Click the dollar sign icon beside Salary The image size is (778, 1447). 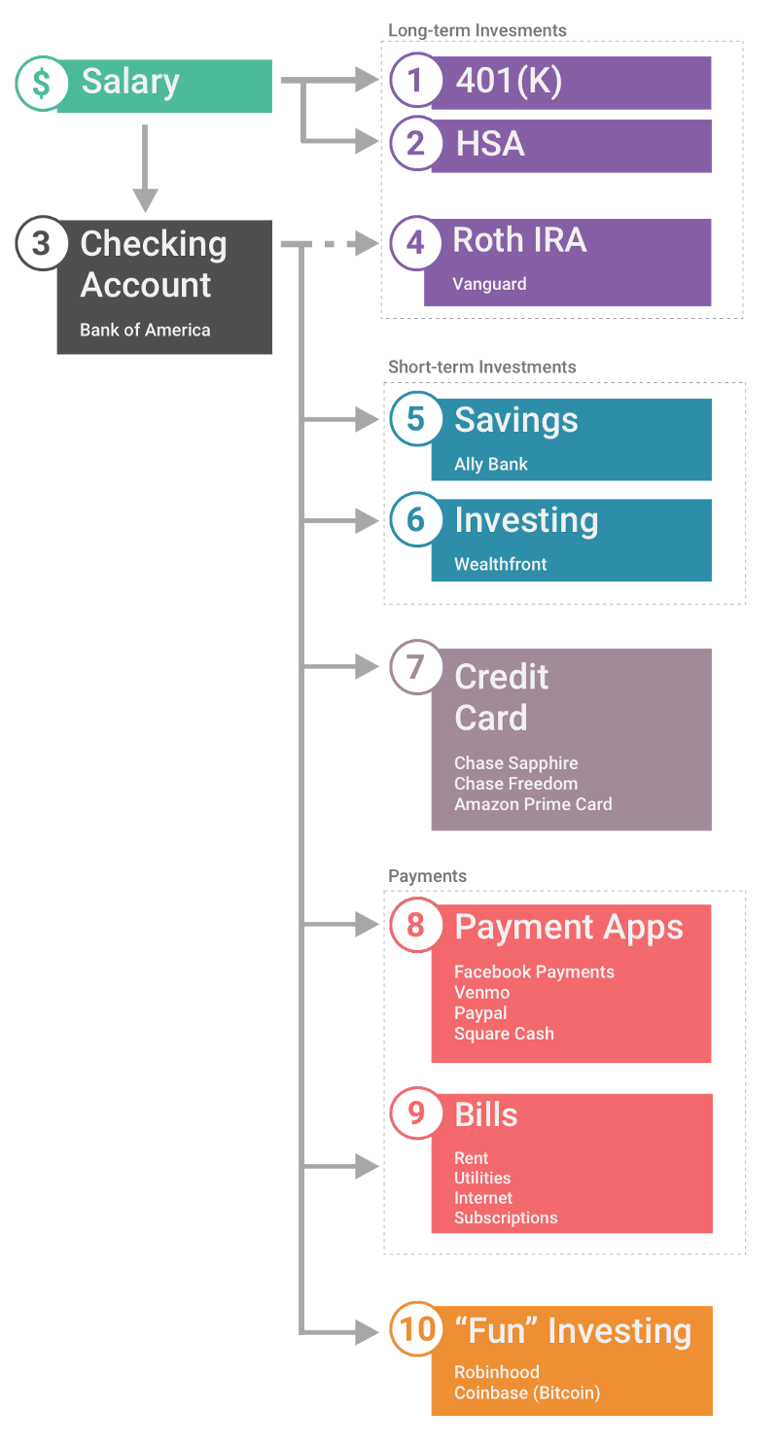(42, 84)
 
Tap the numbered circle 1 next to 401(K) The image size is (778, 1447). (416, 80)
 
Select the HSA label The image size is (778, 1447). (490, 143)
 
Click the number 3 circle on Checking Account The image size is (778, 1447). (42, 243)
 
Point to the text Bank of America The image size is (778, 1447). (145, 330)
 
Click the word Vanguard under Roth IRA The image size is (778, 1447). (489, 284)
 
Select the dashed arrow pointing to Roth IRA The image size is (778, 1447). (331, 244)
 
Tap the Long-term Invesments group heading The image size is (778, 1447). (477, 30)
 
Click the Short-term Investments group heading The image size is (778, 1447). (481, 367)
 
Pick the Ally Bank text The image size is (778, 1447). (490, 464)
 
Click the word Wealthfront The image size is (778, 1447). (500, 564)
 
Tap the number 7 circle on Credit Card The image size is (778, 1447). (416, 667)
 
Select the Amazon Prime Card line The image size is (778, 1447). (533, 804)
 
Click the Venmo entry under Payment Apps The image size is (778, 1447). (481, 992)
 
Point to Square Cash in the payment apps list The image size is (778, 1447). (504, 1034)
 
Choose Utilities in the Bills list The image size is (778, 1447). (482, 1178)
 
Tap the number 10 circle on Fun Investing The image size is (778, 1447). (416, 1328)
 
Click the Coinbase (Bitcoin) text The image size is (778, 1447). (527, 1393)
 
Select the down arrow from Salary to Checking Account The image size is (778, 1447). (145, 168)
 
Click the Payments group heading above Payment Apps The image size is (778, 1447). (427, 876)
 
